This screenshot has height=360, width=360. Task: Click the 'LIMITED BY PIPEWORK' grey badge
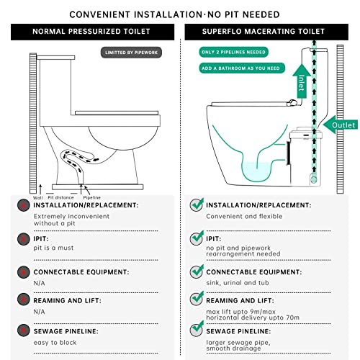pyautogui.click(x=131, y=53)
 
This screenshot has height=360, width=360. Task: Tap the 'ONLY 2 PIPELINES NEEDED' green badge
pyautogui.click(x=233, y=52)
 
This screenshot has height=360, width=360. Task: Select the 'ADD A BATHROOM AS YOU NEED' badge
pyautogui.click(x=242, y=68)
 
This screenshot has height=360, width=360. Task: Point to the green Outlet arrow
pyautogui.click(x=341, y=125)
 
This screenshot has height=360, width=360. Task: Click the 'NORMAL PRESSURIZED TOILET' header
pyautogui.click(x=91, y=32)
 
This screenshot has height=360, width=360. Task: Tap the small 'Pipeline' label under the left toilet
pyautogui.click(x=91, y=197)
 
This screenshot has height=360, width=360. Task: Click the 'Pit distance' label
pyautogui.click(x=60, y=197)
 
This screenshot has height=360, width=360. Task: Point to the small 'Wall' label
pyautogui.click(x=38, y=198)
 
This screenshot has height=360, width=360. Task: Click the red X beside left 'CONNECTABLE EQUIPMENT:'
pyautogui.click(x=24, y=272)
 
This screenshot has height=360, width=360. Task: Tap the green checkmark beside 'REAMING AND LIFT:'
pyautogui.click(x=197, y=299)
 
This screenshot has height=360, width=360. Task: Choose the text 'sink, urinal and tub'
pyautogui.click(x=238, y=283)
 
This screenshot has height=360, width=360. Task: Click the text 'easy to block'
pyautogui.click(x=55, y=343)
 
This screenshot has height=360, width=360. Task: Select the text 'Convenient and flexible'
pyautogui.click(x=244, y=216)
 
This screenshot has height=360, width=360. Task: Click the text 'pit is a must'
pyautogui.click(x=53, y=248)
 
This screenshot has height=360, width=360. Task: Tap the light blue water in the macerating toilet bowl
pyautogui.click(x=257, y=171)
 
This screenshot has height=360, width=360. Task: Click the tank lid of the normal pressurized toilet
pyautogui.click(x=55, y=58)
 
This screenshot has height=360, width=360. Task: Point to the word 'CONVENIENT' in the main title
pyautogui.click(x=100, y=14)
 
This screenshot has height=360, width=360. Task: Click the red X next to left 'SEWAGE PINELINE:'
pyautogui.click(x=24, y=330)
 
